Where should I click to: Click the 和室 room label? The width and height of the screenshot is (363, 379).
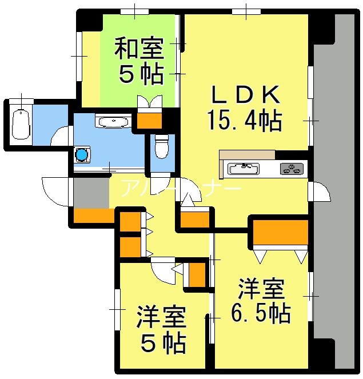tap(139, 48)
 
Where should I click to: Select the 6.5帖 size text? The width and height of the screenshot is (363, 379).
tap(261, 313)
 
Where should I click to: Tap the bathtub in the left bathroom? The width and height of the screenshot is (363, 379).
tap(21, 123)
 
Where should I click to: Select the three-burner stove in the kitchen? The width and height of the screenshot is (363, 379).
tap(293, 168)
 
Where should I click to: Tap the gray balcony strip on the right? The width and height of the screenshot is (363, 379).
tap(337, 189)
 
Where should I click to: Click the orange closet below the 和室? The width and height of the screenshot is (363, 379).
tap(150, 121)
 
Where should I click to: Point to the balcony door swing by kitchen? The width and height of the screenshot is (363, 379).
tap(320, 193)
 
